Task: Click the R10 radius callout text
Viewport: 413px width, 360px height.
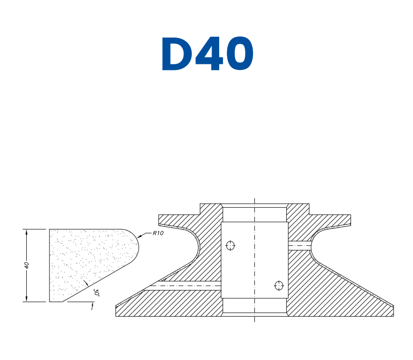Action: pyautogui.click(x=158, y=233)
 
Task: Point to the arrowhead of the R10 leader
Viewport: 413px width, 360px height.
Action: pyautogui.click(x=139, y=237)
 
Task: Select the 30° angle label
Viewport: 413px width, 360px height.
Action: pyautogui.click(x=97, y=293)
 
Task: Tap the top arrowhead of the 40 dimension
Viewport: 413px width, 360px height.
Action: pyautogui.click(x=26, y=231)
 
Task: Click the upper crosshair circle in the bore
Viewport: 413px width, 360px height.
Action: pyautogui.click(x=231, y=246)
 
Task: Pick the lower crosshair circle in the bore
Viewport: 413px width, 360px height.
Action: pyautogui.click(x=279, y=286)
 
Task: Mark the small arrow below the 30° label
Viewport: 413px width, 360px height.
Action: pyautogui.click(x=91, y=307)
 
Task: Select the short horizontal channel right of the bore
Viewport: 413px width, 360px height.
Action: pyautogui.click(x=299, y=246)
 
